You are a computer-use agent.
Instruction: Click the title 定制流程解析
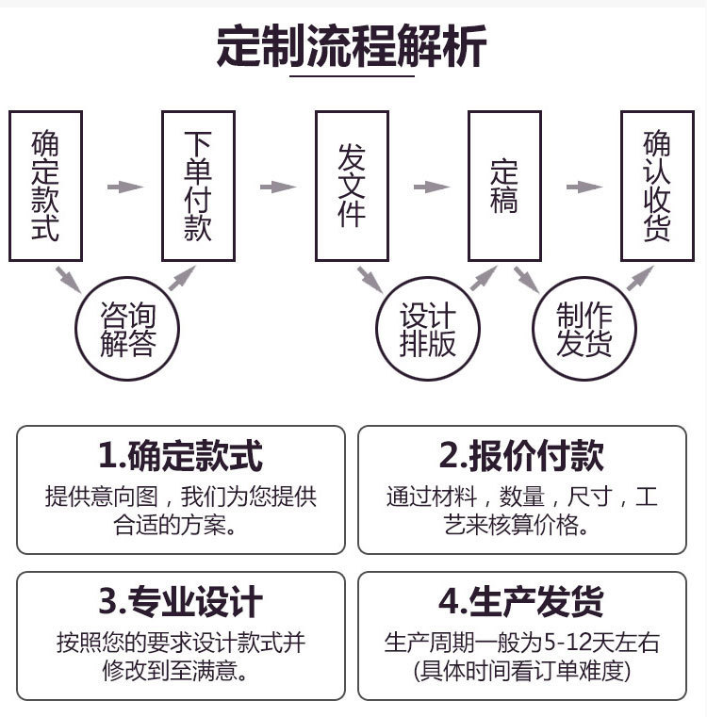(353, 47)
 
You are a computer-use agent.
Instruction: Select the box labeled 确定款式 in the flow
(45, 186)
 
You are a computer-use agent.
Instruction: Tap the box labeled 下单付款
(198, 186)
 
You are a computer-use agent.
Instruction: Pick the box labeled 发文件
(352, 186)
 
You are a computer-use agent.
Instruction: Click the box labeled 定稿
(504, 186)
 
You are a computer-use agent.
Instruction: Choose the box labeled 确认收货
(657, 186)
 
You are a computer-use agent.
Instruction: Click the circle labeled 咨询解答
(128, 329)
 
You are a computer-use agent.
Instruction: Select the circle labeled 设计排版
(428, 329)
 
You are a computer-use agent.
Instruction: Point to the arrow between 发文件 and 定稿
(431, 187)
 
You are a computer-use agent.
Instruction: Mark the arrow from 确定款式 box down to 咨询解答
(69, 278)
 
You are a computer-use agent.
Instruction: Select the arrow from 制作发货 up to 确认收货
(640, 277)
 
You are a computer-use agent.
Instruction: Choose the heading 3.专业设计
(180, 601)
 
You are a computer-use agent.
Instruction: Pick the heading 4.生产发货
(521, 601)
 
